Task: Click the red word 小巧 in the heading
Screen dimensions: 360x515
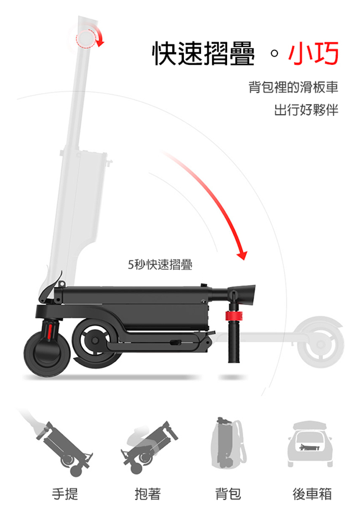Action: (x=313, y=53)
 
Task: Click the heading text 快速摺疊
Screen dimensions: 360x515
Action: (x=204, y=53)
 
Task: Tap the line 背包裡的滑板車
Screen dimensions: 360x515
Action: (x=293, y=87)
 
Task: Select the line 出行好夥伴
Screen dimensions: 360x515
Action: (x=306, y=110)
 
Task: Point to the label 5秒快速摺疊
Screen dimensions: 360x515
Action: (x=160, y=264)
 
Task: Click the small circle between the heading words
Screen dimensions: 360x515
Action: (x=275, y=53)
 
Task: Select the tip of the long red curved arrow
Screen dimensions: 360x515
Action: (x=243, y=260)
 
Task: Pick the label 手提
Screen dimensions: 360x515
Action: (x=65, y=494)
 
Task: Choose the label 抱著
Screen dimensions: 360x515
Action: (x=148, y=494)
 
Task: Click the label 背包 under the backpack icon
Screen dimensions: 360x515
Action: (x=228, y=494)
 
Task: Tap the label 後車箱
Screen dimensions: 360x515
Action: (x=312, y=494)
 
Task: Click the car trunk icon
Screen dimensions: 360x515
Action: (x=310, y=443)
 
